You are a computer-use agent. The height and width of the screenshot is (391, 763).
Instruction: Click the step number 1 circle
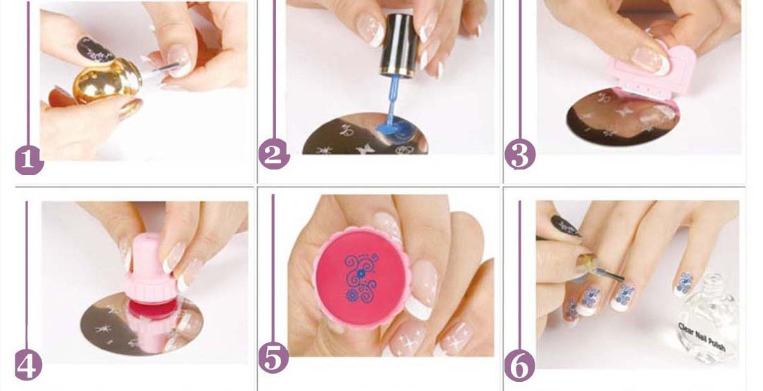tap(29, 161)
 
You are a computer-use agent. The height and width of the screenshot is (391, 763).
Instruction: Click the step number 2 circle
tap(274, 155)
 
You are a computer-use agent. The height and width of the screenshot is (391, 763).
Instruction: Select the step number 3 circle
tap(520, 155)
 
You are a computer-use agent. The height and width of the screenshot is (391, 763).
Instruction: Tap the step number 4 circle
tap(27, 366)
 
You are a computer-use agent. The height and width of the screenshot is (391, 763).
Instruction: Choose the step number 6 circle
tap(519, 366)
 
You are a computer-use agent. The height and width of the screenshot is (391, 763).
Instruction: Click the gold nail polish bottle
tap(107, 81)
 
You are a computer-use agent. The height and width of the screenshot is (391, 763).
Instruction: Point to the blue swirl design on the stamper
tap(360, 278)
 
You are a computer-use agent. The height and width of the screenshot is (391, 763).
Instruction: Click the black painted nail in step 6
tap(566, 226)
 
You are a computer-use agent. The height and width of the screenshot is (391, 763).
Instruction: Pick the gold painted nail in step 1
tap(130, 108)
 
